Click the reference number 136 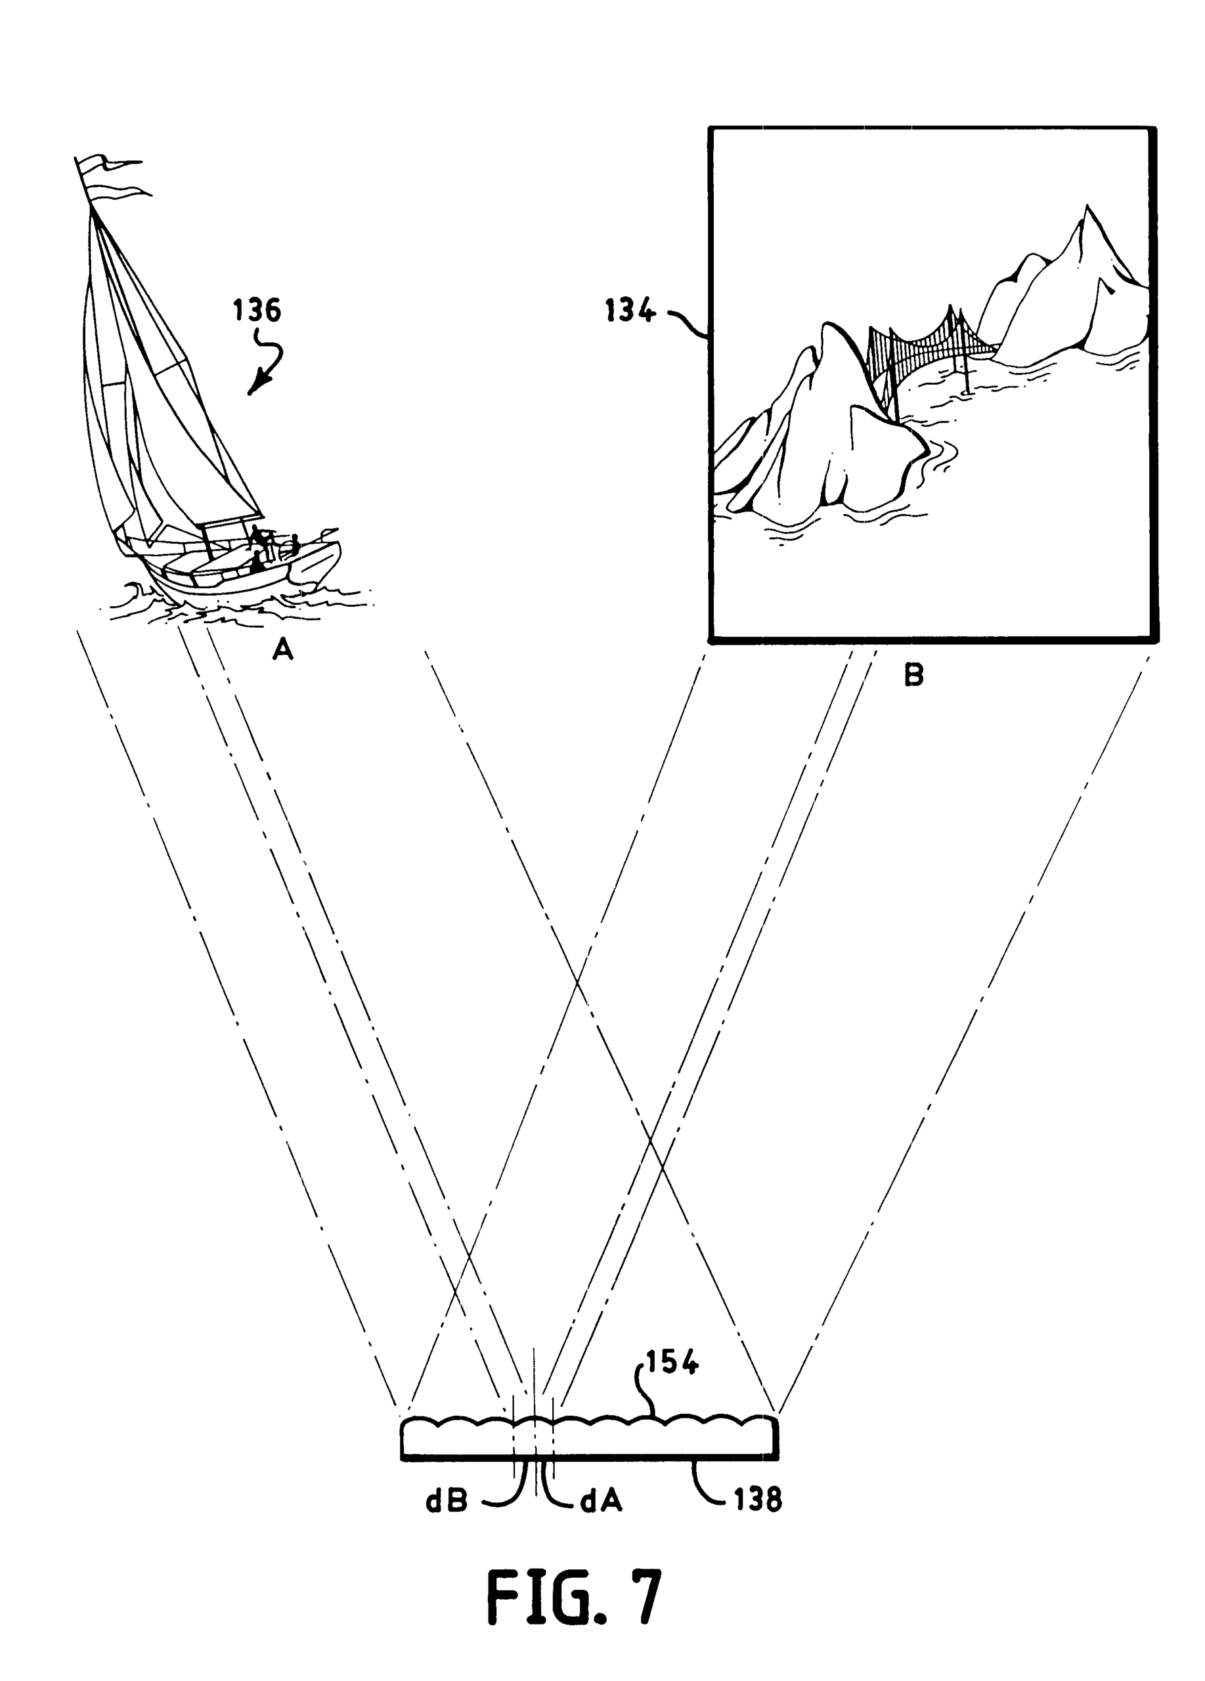[x=257, y=311]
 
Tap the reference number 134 [x=629, y=311]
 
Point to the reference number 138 [x=758, y=1501]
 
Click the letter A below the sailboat [x=283, y=650]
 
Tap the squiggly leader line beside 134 [x=686, y=322]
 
